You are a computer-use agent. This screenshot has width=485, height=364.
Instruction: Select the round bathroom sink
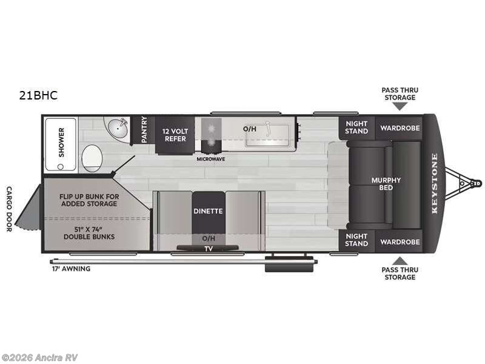click(118, 129)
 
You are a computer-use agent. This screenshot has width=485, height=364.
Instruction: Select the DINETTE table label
click(209, 211)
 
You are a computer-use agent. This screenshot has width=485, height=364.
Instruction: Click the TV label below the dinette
click(209, 248)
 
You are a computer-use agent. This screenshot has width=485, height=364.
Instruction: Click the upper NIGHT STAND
click(356, 127)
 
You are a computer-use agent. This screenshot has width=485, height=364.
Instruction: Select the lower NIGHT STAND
click(356, 240)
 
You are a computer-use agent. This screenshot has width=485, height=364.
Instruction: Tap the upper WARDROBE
click(400, 128)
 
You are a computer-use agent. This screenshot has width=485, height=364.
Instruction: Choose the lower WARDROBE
click(400, 241)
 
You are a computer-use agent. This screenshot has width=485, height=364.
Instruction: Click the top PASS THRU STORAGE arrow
click(400, 106)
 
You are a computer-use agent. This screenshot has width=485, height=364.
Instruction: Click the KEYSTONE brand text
click(434, 184)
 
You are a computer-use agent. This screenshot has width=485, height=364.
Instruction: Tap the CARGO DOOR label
click(8, 209)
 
